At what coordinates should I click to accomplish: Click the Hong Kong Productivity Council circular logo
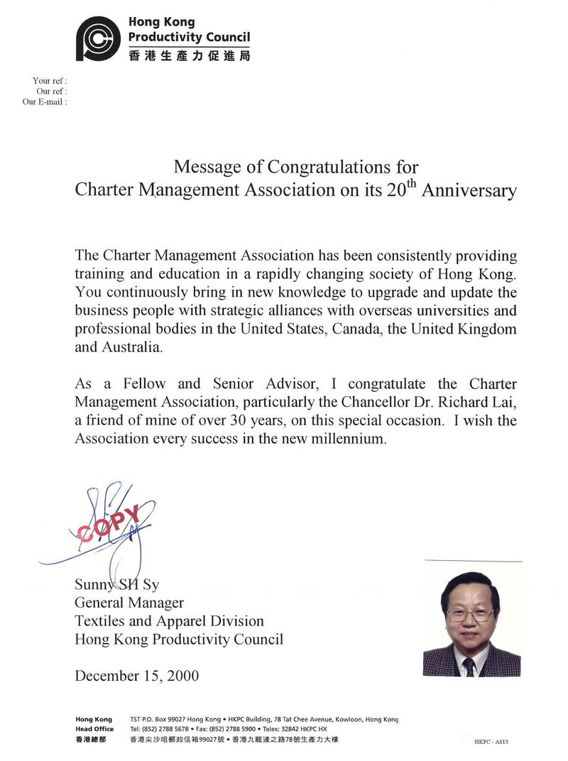pos(99,39)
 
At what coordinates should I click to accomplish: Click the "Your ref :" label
pos(50,81)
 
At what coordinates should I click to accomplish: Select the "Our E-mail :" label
pos(45,102)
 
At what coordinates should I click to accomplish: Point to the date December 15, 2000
pos(137,675)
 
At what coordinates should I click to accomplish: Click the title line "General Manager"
pos(129,603)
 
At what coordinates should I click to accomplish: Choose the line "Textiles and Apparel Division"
pos(169,621)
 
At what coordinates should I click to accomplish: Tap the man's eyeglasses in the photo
pos(471,613)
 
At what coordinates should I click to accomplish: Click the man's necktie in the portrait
pos(469,666)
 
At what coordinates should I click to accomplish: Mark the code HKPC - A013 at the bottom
pos(491,742)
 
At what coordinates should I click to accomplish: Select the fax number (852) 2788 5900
pos(239,729)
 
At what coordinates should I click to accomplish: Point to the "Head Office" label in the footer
pos(94,729)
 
